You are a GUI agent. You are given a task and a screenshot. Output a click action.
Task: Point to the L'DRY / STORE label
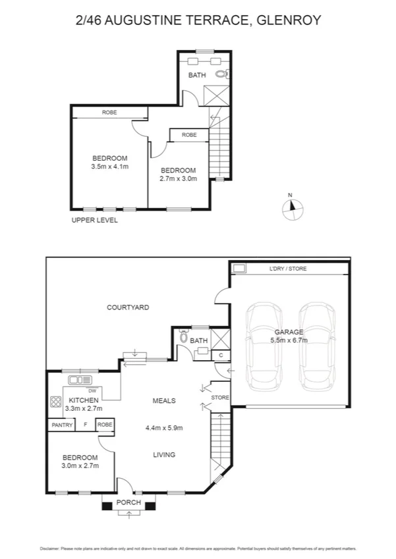(288, 269)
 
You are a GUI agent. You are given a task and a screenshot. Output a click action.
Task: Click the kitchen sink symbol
(81, 380)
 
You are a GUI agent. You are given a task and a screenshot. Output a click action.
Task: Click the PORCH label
(128, 502)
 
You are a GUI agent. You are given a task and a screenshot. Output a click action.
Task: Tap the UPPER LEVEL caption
(94, 221)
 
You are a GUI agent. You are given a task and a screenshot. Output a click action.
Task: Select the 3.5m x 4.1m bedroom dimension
(109, 167)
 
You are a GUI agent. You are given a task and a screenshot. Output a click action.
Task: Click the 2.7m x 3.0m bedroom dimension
(179, 178)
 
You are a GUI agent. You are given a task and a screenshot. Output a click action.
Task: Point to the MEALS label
(163, 400)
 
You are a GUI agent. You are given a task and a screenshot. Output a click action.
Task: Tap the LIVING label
(163, 454)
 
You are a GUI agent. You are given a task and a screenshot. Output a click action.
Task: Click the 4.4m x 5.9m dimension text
(163, 427)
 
